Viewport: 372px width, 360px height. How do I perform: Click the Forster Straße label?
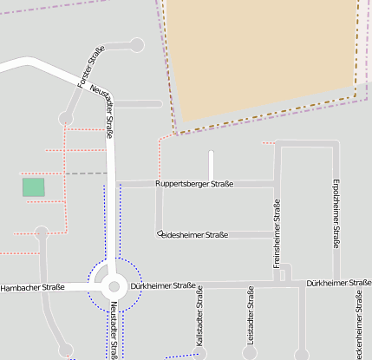(91, 66)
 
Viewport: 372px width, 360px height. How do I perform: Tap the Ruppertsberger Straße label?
(194, 184)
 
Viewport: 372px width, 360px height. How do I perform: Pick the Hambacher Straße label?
(32, 287)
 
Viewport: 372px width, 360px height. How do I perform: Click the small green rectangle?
(33, 187)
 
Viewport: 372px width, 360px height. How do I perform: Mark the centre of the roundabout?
(114, 286)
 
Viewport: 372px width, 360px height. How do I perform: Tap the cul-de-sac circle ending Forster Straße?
(135, 45)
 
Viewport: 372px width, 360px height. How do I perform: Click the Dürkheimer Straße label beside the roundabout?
(163, 285)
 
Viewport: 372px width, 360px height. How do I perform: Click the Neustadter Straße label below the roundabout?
(114, 331)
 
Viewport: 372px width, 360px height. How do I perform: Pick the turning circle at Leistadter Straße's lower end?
(250, 354)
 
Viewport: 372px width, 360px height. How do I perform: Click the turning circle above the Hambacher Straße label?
(41, 232)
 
